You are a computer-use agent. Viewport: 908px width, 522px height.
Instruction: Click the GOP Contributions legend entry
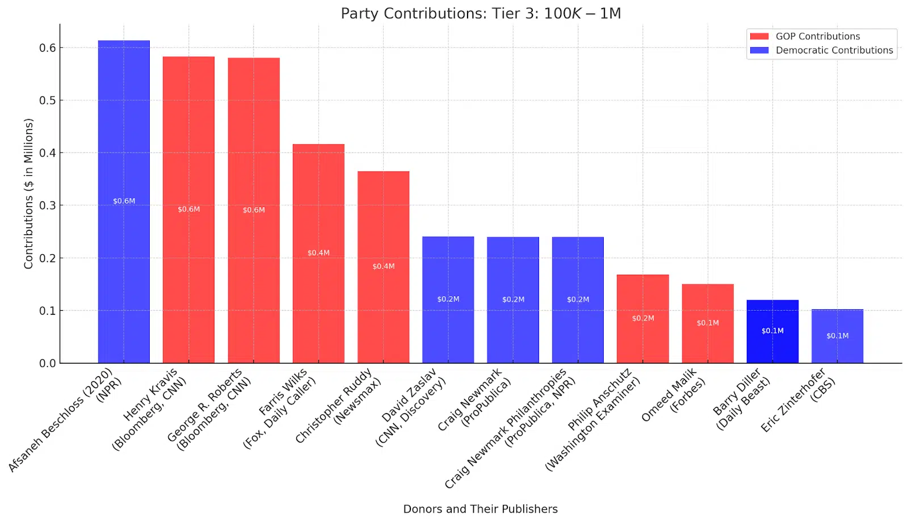[817, 36]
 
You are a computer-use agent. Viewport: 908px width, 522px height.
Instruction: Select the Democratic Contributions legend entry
[834, 50]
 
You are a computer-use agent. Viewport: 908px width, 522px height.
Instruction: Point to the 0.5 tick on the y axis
[48, 100]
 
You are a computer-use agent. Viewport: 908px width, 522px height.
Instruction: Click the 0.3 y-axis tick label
[48, 205]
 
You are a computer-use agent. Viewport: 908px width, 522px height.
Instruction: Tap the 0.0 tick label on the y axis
[48, 363]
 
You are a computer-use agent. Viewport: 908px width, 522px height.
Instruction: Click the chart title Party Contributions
[481, 14]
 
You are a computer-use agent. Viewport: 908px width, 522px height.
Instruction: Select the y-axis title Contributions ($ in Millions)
[29, 193]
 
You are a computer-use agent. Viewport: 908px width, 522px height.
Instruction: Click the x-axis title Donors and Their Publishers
[480, 509]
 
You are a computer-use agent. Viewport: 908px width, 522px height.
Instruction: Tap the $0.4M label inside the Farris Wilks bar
[318, 253]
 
